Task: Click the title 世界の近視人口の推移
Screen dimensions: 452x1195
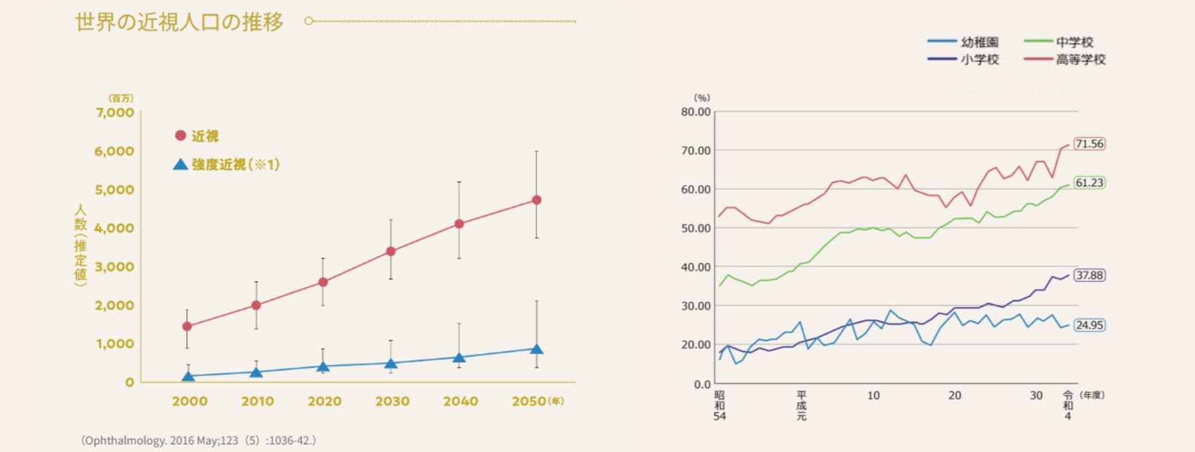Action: point(179,22)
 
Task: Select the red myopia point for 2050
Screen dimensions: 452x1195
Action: point(536,200)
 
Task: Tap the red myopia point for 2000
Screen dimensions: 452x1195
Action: point(187,326)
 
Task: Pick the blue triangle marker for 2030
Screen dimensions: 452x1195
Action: point(391,364)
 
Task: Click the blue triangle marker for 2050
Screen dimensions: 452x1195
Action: point(536,349)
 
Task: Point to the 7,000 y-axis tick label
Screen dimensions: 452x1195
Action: point(114,112)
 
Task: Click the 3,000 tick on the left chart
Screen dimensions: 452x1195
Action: point(114,267)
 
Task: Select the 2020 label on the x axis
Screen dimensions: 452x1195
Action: point(325,401)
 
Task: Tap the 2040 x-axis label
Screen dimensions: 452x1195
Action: point(461,401)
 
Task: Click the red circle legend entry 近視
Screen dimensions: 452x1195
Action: point(197,136)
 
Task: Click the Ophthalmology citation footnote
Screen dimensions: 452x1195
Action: point(199,440)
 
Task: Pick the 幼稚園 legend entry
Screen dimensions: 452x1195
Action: point(964,42)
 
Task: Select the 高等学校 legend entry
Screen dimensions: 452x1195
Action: point(1065,59)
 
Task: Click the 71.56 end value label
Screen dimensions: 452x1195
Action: point(1089,144)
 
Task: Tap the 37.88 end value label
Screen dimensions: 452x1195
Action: point(1089,275)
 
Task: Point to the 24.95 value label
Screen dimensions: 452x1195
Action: point(1089,325)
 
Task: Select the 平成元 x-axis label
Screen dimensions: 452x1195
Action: point(801,405)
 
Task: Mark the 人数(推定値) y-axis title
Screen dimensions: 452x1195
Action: point(80,245)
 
